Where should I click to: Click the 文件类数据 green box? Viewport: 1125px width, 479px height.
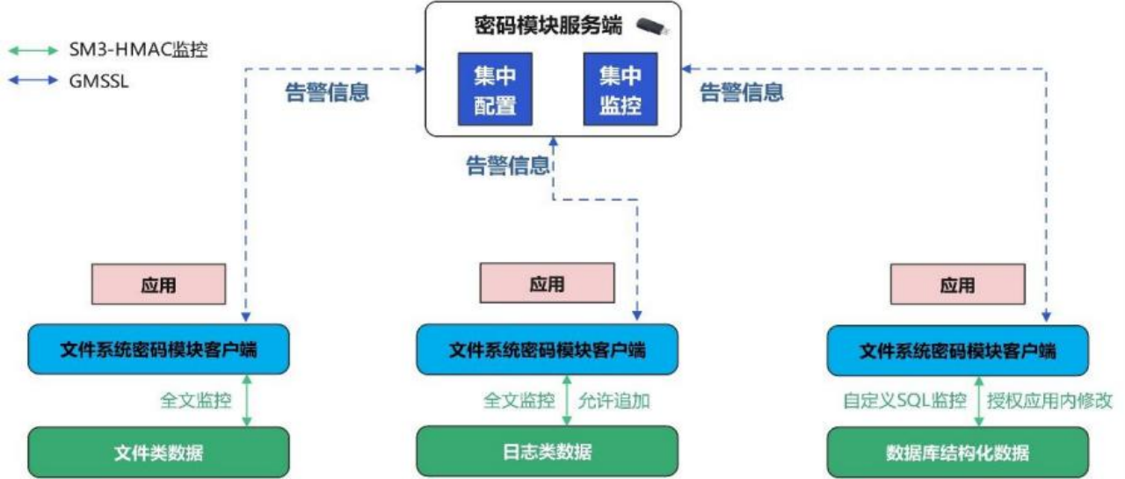click(158, 453)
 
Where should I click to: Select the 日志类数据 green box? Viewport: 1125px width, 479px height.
click(547, 452)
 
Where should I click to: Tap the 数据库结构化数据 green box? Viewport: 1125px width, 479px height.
click(957, 453)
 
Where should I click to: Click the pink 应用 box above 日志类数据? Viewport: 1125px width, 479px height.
click(547, 285)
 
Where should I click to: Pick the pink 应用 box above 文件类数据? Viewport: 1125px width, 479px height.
click(158, 285)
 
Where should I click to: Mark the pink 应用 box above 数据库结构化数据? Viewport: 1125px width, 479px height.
click(957, 285)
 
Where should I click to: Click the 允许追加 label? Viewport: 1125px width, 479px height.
click(613, 401)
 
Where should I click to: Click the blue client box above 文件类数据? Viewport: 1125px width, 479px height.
click(158, 350)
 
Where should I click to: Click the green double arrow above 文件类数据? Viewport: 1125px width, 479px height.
click(247, 401)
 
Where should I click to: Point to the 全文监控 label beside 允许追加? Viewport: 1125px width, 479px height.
click(519, 401)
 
